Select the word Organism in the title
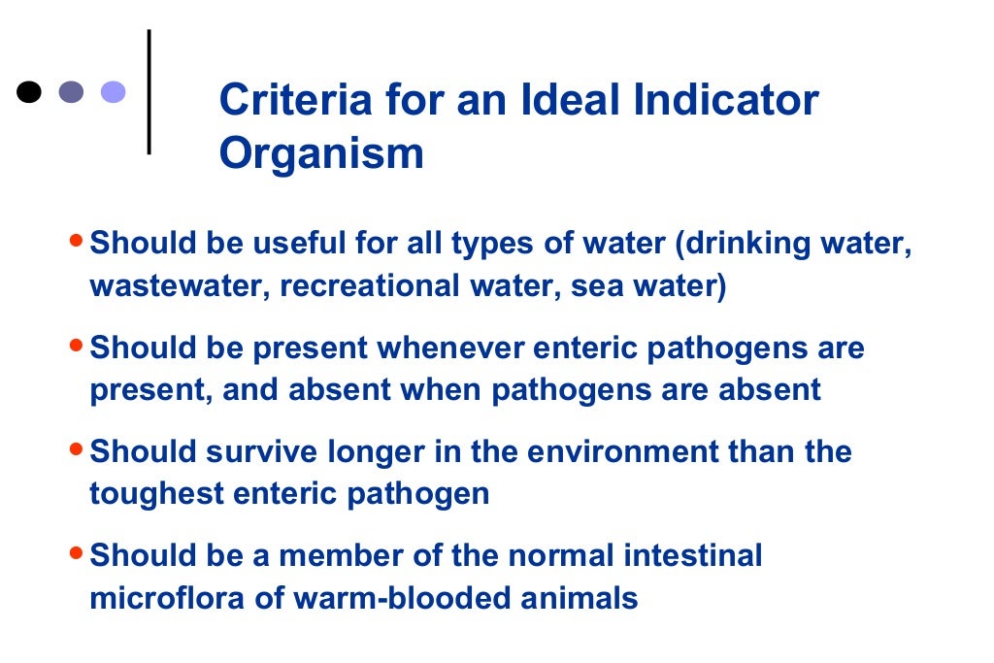(x=321, y=154)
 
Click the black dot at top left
(x=30, y=92)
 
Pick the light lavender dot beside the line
(x=114, y=92)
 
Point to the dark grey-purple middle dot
(x=72, y=92)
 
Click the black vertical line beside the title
(x=149, y=92)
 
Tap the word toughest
(x=151, y=494)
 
